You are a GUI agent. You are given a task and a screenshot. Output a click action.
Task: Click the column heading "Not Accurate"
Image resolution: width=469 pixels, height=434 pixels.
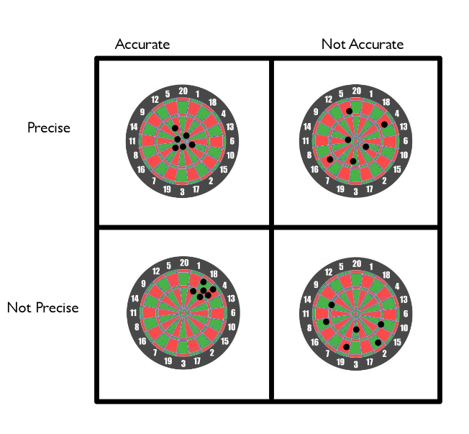click(363, 45)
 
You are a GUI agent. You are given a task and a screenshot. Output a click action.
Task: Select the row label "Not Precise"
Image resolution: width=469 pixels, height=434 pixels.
click(42, 307)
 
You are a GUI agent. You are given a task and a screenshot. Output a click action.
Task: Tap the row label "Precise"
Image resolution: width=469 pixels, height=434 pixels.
click(49, 127)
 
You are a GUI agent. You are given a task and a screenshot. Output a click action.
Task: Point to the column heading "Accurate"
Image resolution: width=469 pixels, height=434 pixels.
click(142, 45)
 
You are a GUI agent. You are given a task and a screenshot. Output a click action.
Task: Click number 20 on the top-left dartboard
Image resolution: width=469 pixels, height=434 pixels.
click(183, 91)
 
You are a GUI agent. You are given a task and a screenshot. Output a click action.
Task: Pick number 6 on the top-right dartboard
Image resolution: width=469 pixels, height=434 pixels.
click(406, 140)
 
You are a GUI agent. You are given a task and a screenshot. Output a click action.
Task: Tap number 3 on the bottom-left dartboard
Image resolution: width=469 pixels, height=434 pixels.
click(183, 363)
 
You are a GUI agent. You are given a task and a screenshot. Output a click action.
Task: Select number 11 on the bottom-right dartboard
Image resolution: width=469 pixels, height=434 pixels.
click(306, 313)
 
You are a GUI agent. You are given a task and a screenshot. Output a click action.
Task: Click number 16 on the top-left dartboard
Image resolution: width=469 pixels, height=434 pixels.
click(141, 170)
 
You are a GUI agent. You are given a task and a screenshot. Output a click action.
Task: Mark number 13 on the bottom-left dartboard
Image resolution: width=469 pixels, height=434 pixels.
click(231, 299)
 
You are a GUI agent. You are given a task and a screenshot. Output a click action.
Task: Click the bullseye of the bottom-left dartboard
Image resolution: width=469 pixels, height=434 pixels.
click(183, 313)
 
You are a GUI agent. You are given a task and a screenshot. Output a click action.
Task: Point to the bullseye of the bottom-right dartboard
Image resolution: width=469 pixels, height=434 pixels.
click(356, 314)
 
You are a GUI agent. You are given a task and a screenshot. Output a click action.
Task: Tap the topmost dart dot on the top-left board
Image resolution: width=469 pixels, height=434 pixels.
click(175, 128)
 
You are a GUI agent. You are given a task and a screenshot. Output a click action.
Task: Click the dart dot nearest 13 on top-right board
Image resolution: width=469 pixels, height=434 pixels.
click(384, 125)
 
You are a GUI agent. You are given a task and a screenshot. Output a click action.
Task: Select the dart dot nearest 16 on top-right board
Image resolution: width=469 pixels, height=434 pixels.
click(330, 160)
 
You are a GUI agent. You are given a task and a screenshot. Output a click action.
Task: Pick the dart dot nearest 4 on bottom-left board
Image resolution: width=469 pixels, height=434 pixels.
click(213, 289)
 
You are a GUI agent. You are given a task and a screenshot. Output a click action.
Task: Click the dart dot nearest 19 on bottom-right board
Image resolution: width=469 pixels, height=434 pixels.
click(347, 347)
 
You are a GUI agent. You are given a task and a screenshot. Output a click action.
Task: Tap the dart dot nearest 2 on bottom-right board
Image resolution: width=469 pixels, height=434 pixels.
click(378, 343)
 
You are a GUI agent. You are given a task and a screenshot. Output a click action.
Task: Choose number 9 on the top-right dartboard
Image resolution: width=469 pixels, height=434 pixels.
click(316, 112)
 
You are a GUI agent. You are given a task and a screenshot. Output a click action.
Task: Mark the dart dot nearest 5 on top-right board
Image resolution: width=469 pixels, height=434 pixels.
click(349, 111)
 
